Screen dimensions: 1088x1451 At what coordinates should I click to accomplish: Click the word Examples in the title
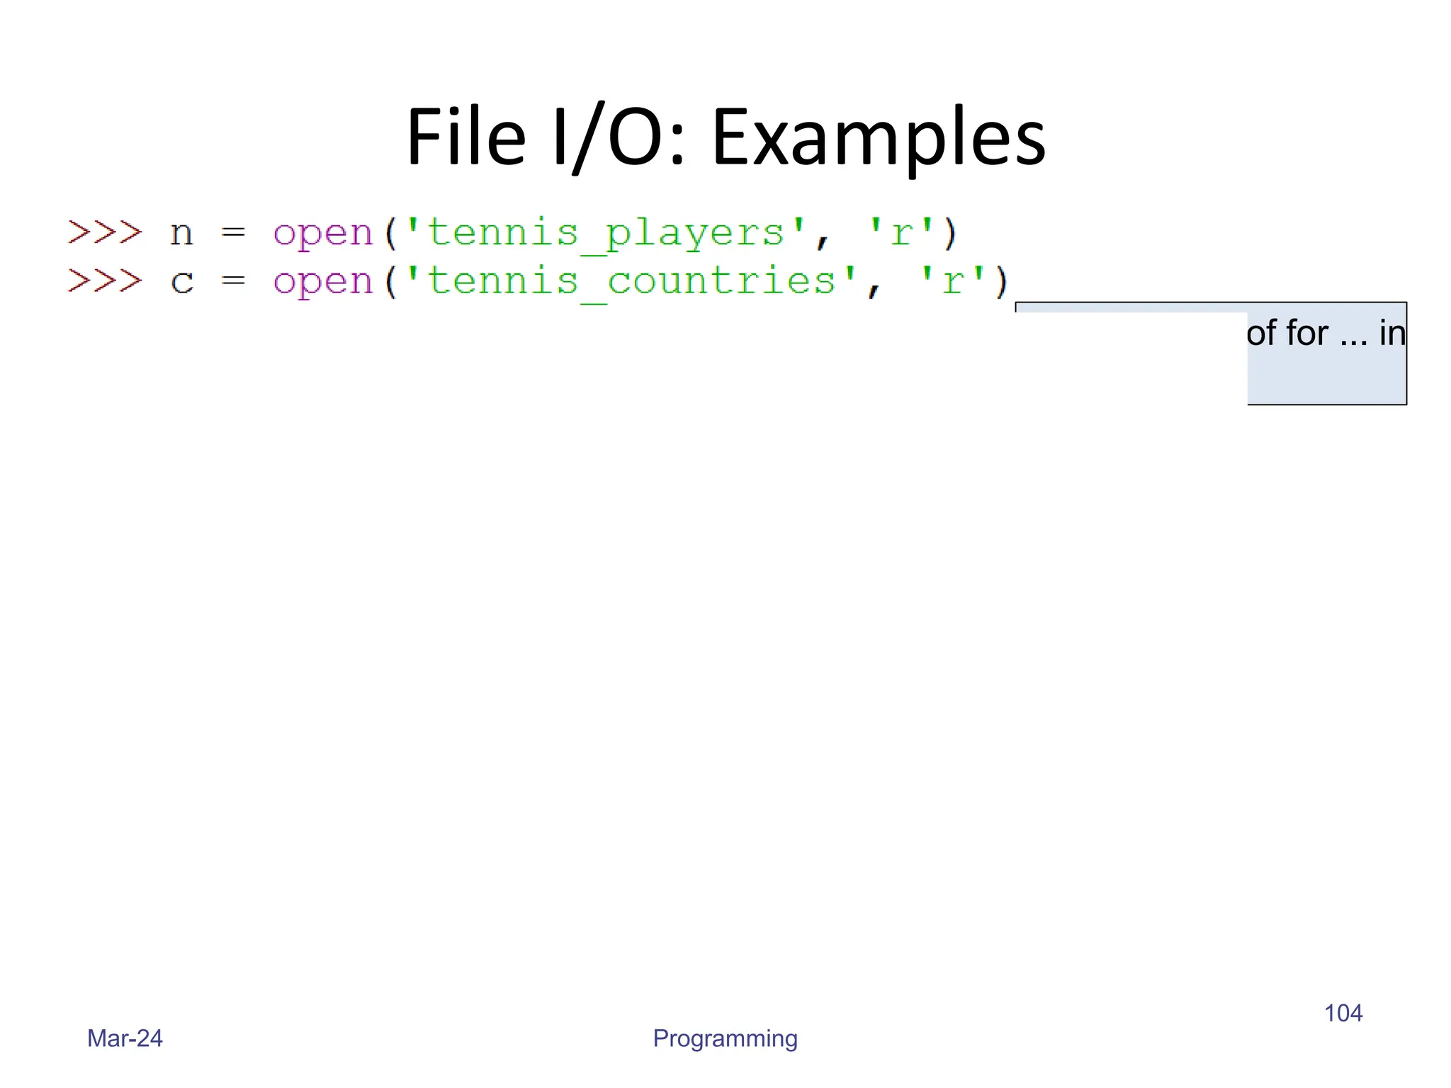(x=879, y=138)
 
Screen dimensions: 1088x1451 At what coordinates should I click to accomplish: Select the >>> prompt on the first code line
(x=105, y=232)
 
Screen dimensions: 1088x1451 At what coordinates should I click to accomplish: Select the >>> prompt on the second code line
(x=105, y=280)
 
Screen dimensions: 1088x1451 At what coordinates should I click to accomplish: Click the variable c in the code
(x=181, y=282)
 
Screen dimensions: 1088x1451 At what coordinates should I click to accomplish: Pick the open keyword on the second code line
(x=323, y=282)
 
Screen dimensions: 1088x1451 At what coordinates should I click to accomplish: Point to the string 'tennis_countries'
(x=631, y=282)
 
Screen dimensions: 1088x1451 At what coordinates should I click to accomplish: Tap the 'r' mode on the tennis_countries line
(x=952, y=282)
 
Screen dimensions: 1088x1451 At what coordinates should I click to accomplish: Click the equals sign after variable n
(x=233, y=232)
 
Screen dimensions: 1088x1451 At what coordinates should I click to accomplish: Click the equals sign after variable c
(x=233, y=281)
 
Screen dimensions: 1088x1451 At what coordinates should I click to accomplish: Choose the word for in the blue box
(x=1307, y=333)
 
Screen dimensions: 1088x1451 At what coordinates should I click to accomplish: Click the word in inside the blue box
(x=1391, y=333)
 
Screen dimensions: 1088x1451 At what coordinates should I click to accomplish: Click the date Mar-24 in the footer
(x=125, y=1038)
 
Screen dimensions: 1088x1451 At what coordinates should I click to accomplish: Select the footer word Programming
(x=725, y=1038)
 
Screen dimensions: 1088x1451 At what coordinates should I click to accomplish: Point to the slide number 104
(x=1343, y=1013)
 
